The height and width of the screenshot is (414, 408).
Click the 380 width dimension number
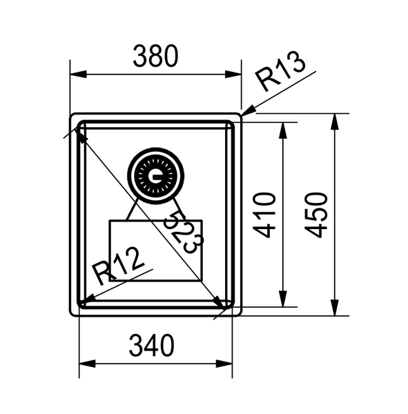coord(157,55)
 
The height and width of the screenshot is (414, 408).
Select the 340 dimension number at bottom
coord(152,345)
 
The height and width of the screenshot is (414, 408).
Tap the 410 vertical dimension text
coord(266,215)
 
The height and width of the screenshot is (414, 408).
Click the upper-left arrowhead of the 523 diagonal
coord(81,135)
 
